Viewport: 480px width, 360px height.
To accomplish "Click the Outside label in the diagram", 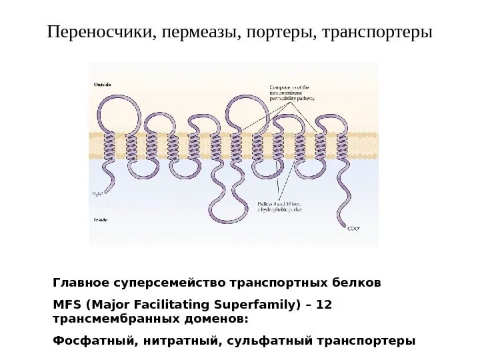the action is pyautogui.click(x=102, y=84).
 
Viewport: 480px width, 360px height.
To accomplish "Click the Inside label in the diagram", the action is pyautogui.click(x=100, y=219).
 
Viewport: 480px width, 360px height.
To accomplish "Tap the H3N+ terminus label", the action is pyautogui.click(x=99, y=194).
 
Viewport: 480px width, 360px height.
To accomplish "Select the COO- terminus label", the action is pyautogui.click(x=353, y=229).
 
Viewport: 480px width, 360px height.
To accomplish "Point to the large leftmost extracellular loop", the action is pyautogui.click(x=119, y=108).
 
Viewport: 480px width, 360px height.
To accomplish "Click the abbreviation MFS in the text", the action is pyautogui.click(x=65, y=305).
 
